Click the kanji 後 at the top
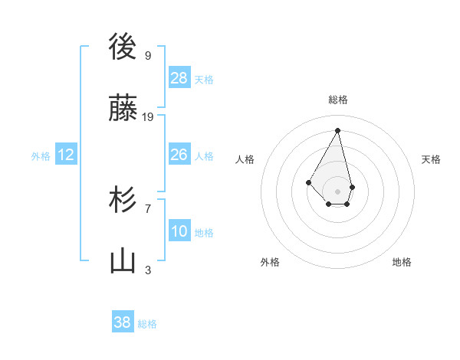point(123,47)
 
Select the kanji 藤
point(123,110)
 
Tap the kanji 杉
point(123,201)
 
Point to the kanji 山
point(123,262)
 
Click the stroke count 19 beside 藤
point(148,117)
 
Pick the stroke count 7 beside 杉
point(148,208)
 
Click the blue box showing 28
point(179,77)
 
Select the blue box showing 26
point(179,155)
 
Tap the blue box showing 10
point(179,231)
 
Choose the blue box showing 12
point(66,155)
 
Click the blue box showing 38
point(123,322)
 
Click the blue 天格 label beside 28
point(204,79)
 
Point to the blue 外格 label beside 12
point(41,156)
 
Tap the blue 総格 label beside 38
point(147,324)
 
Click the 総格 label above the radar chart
point(338,100)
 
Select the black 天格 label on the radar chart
point(431,159)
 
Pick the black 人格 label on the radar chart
point(245,159)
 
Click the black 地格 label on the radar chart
point(402,262)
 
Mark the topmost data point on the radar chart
point(337,129)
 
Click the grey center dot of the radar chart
point(337,191)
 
